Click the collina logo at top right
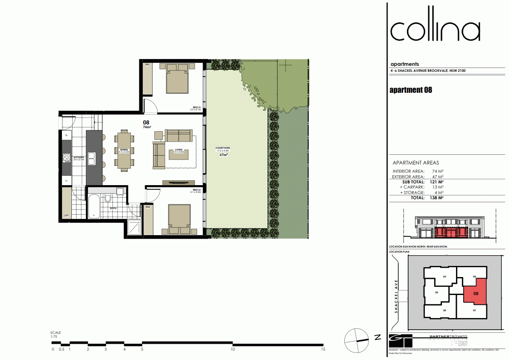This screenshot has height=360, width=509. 435,29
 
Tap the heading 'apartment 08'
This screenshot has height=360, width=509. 411,90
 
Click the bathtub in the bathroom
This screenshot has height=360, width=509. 94,206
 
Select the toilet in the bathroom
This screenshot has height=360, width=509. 108,199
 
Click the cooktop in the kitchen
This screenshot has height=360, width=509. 67,158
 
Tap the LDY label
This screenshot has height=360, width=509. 66,215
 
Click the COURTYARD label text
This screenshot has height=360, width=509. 223,148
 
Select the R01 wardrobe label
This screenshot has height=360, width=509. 147,65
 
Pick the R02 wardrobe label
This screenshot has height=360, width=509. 147,207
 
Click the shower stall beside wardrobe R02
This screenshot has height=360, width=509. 135,227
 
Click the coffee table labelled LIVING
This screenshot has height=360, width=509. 179,152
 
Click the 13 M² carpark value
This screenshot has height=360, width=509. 437,187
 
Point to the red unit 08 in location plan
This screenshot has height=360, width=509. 475,294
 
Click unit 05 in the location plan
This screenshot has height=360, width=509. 436,293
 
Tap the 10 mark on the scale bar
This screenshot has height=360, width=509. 233,349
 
